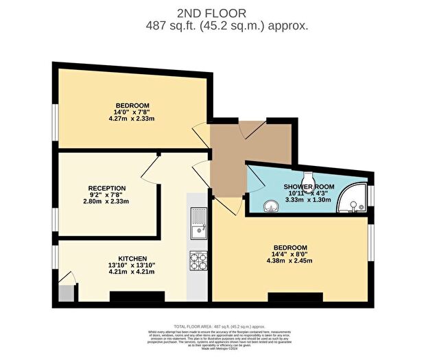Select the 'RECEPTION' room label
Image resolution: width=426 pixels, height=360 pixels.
click(106, 188)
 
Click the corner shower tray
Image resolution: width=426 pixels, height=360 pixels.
click(355, 198)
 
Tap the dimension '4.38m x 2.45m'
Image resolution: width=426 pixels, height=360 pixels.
click(290, 261)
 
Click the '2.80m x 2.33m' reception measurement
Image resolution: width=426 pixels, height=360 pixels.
click(106, 202)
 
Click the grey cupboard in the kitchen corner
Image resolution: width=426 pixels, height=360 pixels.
click(64, 293)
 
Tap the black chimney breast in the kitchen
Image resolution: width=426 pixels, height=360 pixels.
click(137, 296)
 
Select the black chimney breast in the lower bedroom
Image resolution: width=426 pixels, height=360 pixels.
click(295, 297)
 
